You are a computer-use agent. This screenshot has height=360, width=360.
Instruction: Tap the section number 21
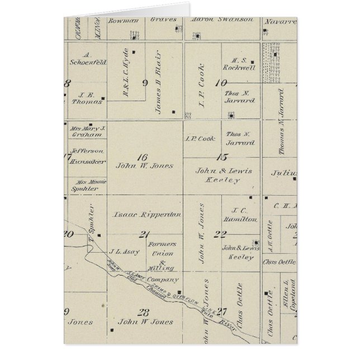(145, 234)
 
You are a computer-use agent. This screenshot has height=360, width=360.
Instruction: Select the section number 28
(144, 312)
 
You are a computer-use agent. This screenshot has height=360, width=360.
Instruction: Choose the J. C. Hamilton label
(243, 215)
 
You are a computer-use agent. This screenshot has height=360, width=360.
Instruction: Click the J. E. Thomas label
(86, 98)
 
